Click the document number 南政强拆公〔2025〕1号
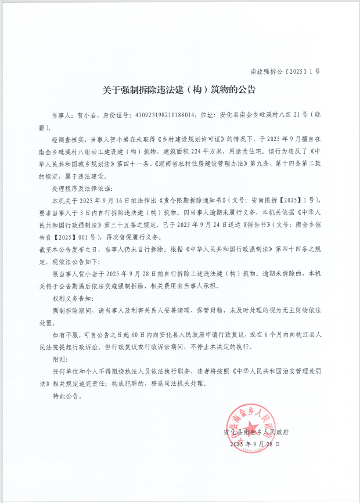(285, 72)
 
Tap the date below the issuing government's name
(254, 444)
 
